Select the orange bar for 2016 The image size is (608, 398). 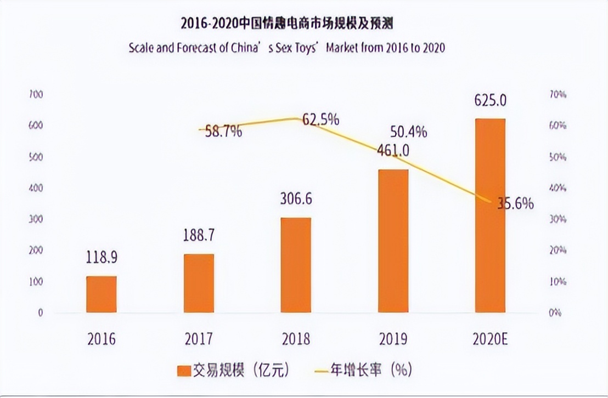102,294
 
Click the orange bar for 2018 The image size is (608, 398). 296,265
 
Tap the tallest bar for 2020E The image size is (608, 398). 490,215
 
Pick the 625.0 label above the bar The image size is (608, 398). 490,101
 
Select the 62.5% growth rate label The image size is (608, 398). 320,119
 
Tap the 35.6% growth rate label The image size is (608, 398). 515,203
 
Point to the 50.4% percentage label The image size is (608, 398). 408,132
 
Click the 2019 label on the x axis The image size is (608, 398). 393,339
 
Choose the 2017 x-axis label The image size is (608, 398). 199,339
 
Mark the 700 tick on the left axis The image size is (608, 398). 36,95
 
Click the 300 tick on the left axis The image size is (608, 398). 36,219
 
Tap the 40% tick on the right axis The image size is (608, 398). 558,189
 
